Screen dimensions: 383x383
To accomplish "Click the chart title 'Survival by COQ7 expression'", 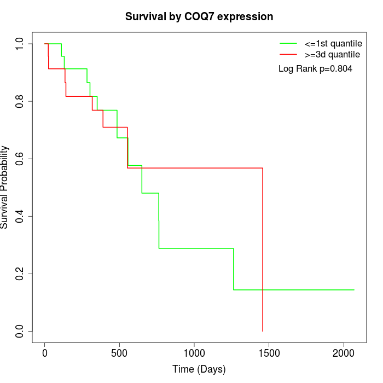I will (x=199, y=16).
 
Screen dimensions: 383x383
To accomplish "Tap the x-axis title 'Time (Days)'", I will (x=199, y=369).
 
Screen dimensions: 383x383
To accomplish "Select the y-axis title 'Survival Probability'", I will (x=5, y=187).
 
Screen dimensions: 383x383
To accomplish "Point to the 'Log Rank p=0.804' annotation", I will (x=315, y=69).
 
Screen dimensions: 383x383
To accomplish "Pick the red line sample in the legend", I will (x=288, y=55).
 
